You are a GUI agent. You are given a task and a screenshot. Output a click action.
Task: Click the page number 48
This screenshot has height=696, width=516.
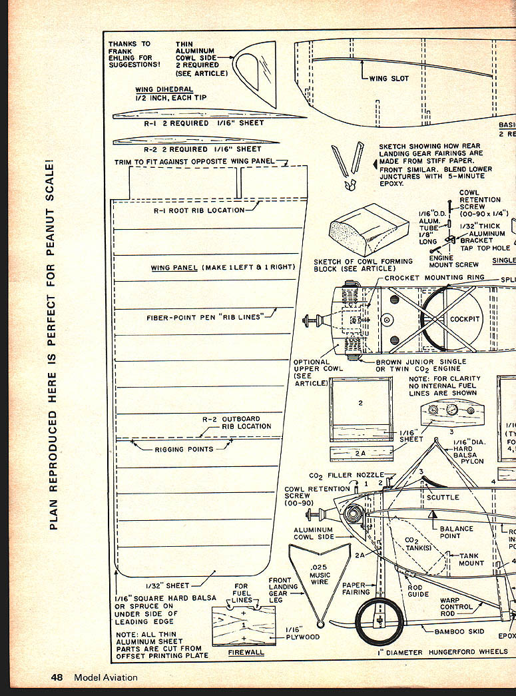(x=57, y=677)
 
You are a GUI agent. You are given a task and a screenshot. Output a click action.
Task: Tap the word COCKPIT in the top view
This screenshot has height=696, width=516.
(x=465, y=319)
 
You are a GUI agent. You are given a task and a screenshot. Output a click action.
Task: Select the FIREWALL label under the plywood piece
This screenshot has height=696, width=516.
(x=246, y=652)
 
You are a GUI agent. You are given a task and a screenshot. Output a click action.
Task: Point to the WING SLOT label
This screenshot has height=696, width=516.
(x=389, y=78)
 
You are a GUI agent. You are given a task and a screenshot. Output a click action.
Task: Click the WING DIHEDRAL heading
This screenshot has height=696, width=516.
(x=164, y=89)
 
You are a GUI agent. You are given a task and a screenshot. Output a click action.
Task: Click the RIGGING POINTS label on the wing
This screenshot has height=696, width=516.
(x=184, y=450)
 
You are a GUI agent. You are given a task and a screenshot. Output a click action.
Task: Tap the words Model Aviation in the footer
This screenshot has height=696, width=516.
(x=106, y=677)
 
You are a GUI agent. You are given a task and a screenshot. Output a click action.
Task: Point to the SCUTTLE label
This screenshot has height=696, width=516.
(x=443, y=498)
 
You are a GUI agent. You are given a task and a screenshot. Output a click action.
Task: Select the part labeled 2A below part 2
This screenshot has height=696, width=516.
(x=360, y=453)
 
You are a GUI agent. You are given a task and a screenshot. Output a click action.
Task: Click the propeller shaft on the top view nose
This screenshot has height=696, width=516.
(x=312, y=320)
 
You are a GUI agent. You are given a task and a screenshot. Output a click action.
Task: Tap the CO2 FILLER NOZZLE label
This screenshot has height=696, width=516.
(x=346, y=476)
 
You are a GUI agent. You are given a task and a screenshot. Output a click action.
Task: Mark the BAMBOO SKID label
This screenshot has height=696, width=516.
(x=458, y=631)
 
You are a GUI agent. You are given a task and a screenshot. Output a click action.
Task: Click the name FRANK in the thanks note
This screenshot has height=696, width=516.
(x=121, y=51)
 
